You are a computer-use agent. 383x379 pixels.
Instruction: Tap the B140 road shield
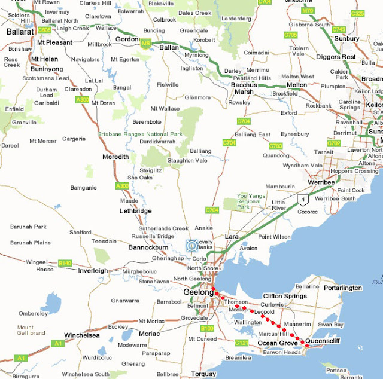click(x=65, y=263)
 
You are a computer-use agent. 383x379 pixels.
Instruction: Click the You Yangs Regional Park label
click(x=251, y=200)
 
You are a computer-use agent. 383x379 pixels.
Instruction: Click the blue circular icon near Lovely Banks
click(x=191, y=245)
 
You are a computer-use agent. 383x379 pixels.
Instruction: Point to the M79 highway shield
click(x=308, y=11)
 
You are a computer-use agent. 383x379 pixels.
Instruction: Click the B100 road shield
click(x=207, y=328)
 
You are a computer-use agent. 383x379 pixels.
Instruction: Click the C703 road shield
click(x=276, y=145)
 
